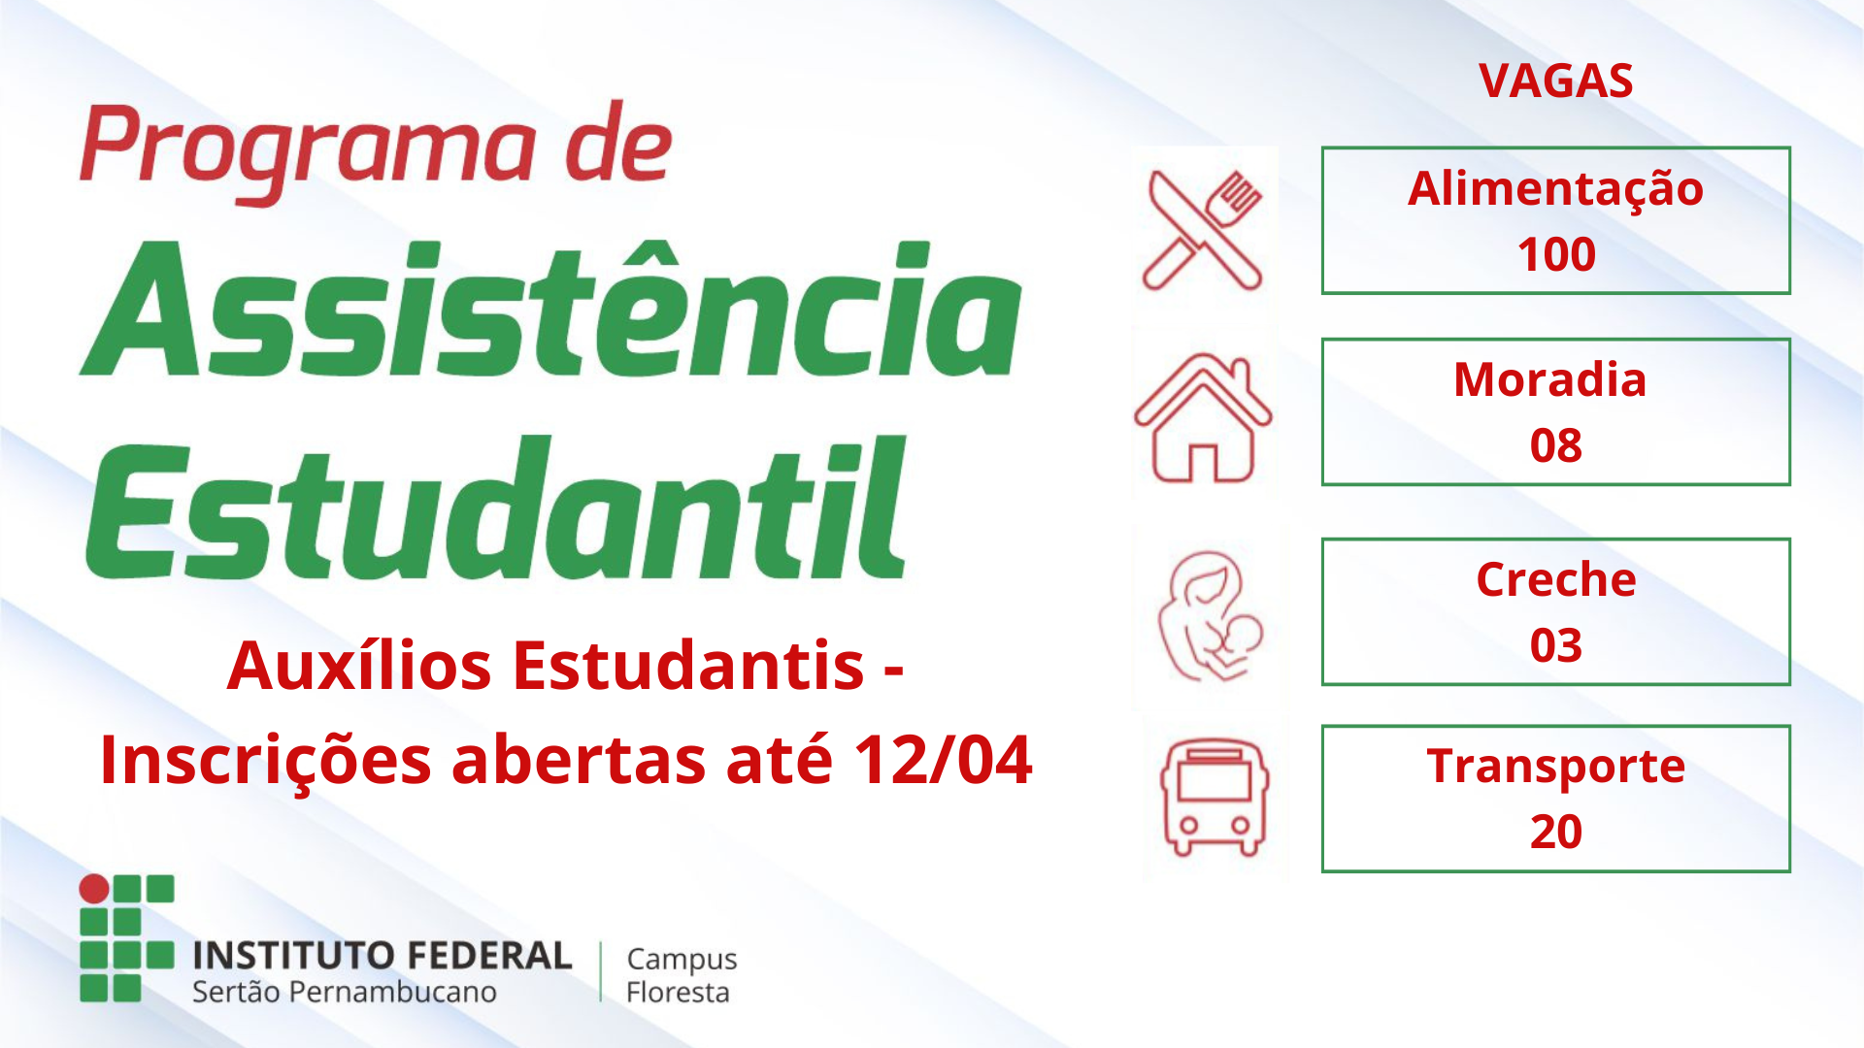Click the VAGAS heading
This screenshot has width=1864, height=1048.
pos(1556,81)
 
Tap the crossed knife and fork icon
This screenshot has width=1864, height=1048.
pos(1204,230)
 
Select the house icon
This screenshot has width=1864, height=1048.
pos(1203,417)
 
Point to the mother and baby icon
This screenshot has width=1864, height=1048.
pos(1210,617)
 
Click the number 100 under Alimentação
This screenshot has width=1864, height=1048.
pos(1556,255)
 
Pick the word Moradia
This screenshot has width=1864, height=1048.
pos(1550,379)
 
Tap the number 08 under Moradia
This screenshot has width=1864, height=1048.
pos(1556,446)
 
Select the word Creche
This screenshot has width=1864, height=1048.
pos(1556,579)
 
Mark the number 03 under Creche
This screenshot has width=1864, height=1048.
pos(1556,646)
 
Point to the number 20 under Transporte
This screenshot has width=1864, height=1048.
pos(1556,833)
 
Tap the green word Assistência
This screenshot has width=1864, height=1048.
pos(550,309)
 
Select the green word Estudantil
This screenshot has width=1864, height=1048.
pos(496,508)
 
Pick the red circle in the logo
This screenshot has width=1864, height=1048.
pos(94,889)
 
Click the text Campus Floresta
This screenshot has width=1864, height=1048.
pos(682,975)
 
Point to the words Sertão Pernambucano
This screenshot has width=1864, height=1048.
pos(345,992)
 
